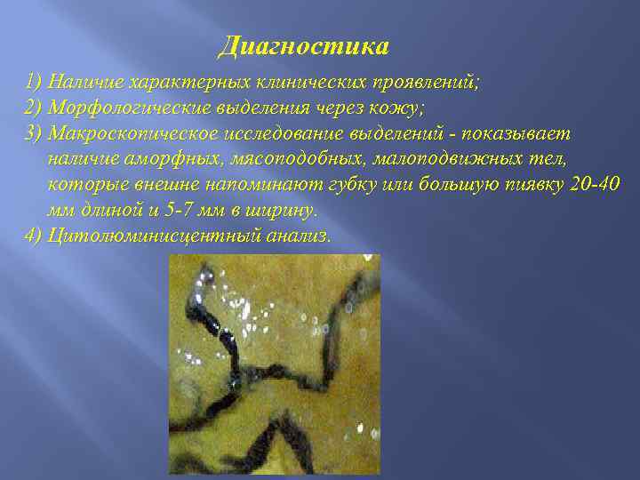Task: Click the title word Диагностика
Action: [304, 45]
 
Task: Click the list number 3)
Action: [36, 133]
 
